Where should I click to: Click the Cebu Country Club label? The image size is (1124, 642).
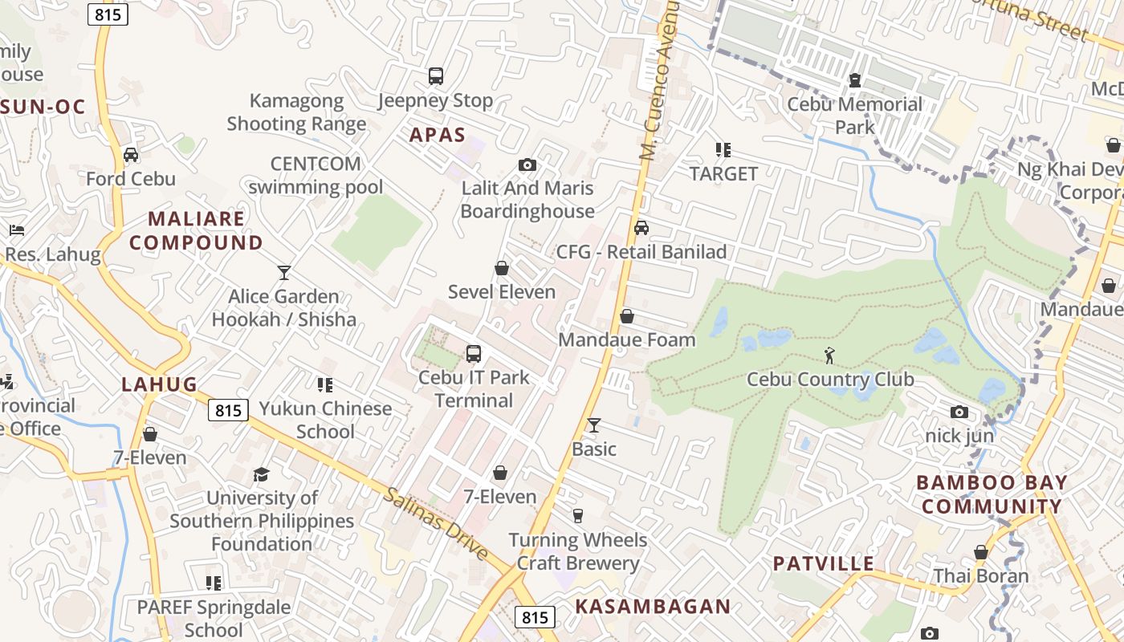point(830,379)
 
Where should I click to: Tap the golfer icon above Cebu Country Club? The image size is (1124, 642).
point(829,354)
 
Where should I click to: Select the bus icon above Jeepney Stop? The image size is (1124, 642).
point(435,76)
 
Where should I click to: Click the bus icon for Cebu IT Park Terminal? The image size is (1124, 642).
point(474,353)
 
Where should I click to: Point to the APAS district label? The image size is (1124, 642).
point(438,134)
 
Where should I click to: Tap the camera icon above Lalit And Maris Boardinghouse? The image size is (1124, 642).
point(527,165)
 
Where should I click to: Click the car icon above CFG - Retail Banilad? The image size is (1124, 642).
point(641,228)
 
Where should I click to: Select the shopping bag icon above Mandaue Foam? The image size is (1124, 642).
point(627,316)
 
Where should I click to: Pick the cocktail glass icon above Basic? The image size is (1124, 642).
point(594,425)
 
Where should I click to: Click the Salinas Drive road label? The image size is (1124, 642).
point(435,523)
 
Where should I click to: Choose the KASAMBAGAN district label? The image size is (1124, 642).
point(653,607)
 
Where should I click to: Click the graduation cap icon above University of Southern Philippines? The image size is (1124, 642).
point(261,474)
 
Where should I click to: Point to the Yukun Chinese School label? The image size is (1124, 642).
point(325,420)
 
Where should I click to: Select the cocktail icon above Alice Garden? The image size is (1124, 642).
point(283,272)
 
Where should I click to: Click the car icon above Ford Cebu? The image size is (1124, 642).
point(131,155)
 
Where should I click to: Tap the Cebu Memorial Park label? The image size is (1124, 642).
point(854,116)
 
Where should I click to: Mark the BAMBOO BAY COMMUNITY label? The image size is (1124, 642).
point(992,494)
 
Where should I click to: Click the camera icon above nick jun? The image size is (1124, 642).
point(959,412)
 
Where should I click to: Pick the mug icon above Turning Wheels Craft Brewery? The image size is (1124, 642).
point(577,515)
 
